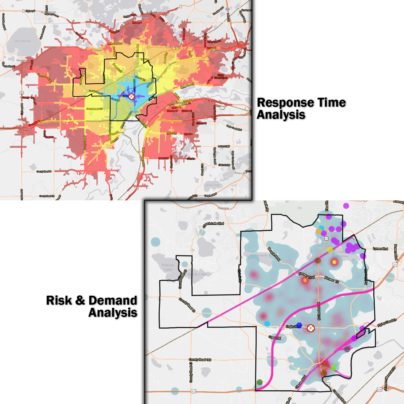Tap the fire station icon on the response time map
131,96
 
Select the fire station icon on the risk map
311,328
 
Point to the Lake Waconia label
22,41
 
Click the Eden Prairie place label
220,51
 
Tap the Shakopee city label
180,103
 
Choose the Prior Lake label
241,173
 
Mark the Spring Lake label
212,185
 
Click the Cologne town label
26,129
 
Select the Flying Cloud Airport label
221,76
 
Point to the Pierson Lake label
168,267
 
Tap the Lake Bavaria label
257,255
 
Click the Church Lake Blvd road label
213,225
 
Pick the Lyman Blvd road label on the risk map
380,249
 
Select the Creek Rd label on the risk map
275,337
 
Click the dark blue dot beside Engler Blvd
299,325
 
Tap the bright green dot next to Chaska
333,367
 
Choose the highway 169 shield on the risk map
379,390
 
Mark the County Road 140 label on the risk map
200,360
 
